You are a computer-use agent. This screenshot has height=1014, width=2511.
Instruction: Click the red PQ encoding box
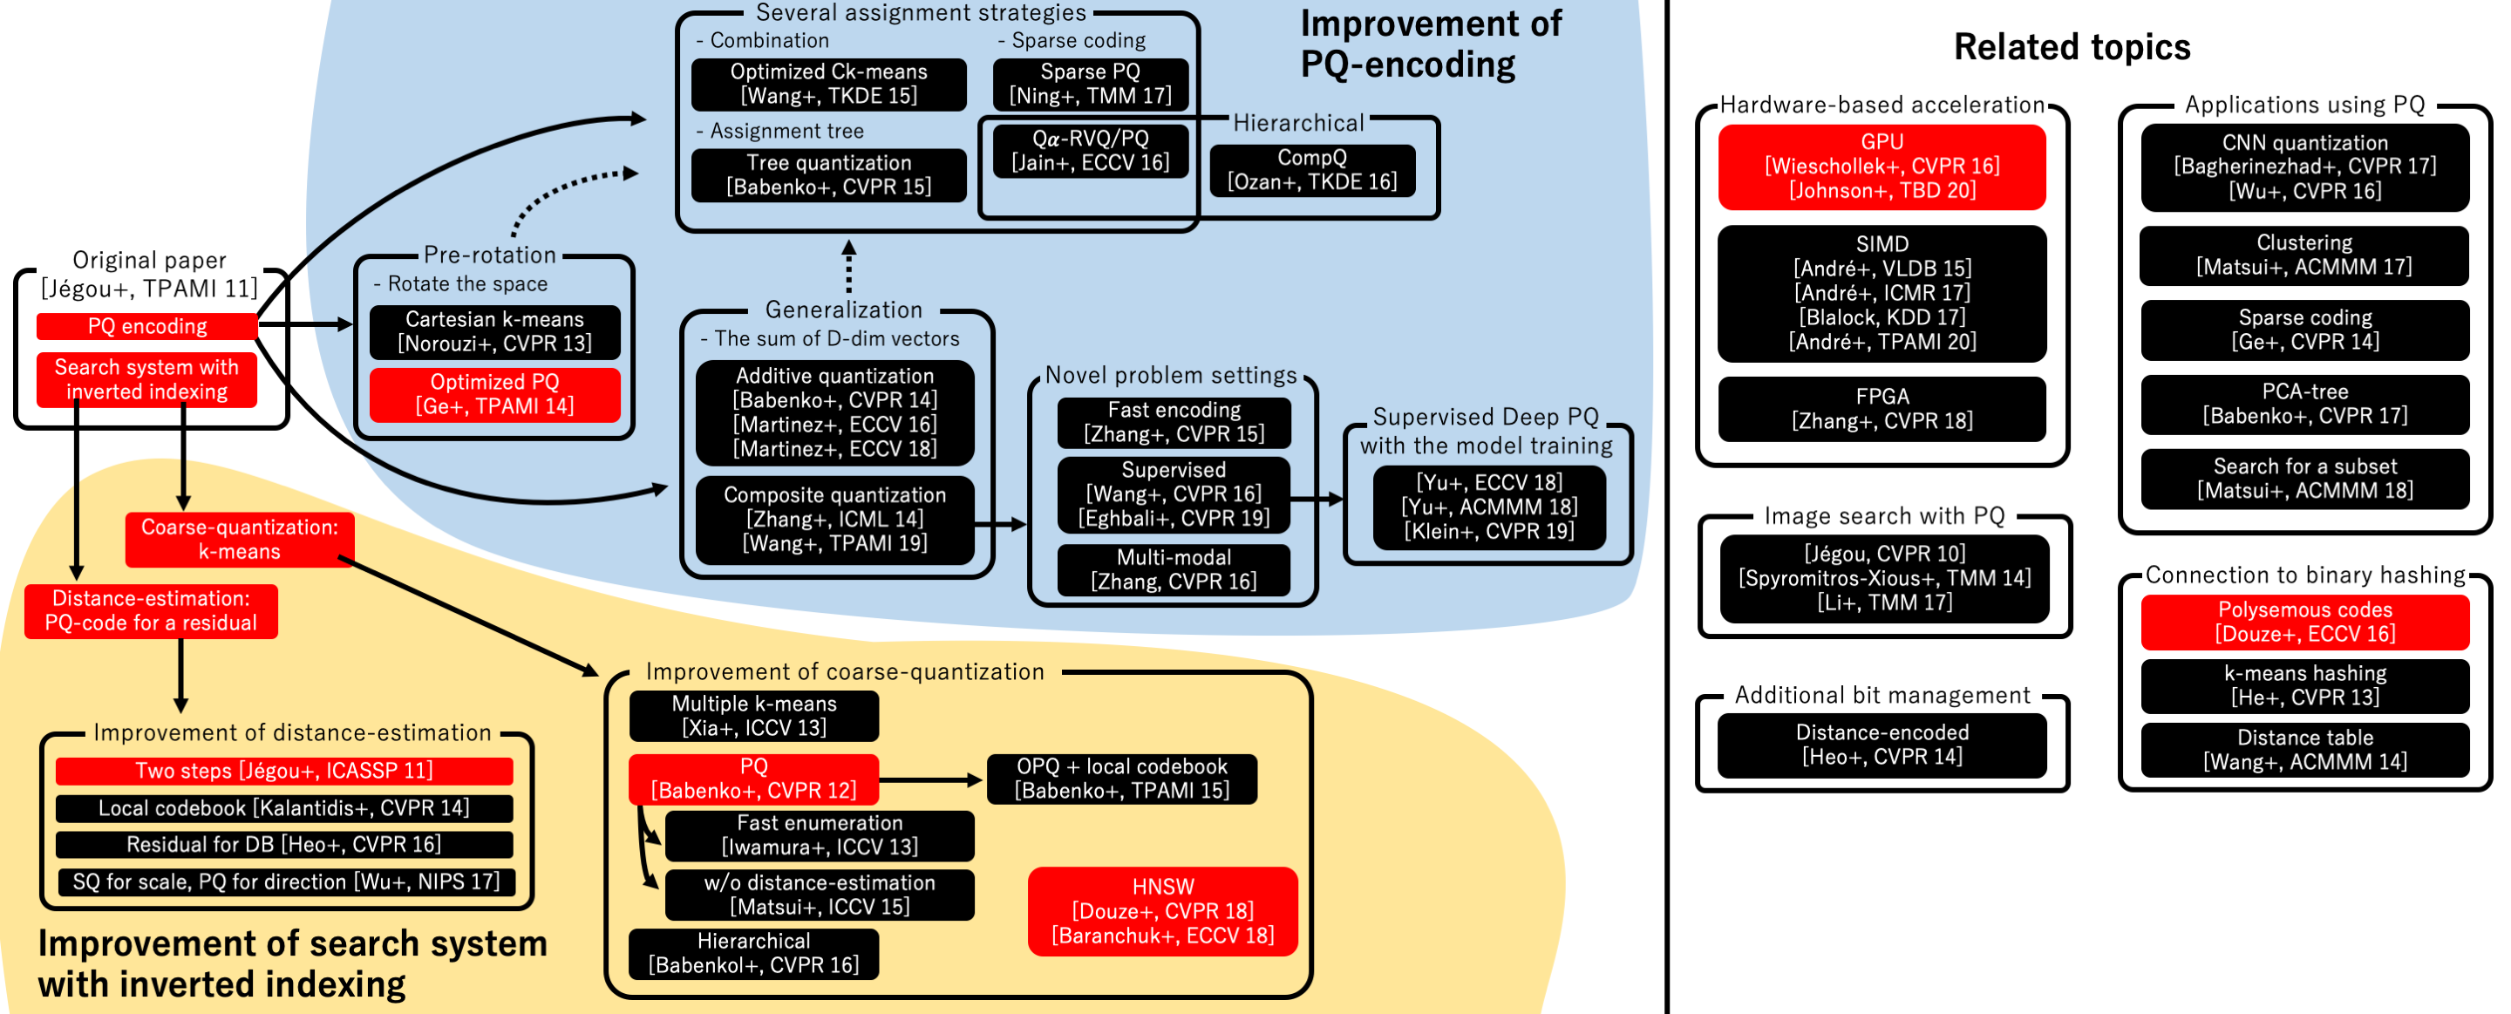click(146, 327)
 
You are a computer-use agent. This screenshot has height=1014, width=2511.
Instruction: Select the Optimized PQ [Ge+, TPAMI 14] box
click(494, 394)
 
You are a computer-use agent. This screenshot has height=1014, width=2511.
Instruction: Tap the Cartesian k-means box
click(494, 331)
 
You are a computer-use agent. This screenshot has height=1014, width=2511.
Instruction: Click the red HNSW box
click(1162, 910)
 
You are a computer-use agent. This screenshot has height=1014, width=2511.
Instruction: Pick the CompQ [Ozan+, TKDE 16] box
click(1311, 170)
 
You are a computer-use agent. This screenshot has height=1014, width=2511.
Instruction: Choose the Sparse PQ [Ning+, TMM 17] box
click(1090, 84)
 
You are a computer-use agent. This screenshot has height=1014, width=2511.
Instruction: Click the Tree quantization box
click(828, 174)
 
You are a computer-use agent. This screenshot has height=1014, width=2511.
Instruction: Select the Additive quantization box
click(834, 412)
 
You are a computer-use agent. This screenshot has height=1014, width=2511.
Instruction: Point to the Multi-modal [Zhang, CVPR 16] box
click(1174, 569)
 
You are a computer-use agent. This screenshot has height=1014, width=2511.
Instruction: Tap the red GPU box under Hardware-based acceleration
click(1882, 166)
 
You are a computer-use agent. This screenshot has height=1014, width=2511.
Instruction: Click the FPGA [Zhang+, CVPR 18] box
click(1882, 409)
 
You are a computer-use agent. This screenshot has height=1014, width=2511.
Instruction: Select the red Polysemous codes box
click(2304, 621)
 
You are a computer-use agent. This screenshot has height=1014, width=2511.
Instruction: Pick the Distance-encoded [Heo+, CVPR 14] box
click(1882, 744)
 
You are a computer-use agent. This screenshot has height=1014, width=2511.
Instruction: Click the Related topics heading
click(2072, 47)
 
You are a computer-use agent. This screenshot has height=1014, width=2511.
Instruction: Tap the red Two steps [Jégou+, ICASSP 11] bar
click(283, 770)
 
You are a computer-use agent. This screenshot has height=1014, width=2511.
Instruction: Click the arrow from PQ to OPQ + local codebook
click(931, 779)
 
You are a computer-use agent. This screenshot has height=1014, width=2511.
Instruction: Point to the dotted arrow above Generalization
click(849, 266)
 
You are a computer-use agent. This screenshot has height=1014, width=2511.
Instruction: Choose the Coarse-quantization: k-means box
click(240, 539)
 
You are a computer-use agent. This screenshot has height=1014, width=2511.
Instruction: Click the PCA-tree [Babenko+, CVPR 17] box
click(2304, 404)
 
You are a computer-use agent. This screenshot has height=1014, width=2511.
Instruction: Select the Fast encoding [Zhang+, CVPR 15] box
click(1174, 421)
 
